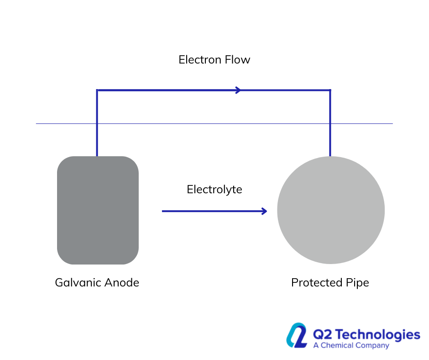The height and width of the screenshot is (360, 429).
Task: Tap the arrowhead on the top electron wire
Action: click(238, 90)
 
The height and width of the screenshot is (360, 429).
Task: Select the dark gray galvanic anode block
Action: click(98, 210)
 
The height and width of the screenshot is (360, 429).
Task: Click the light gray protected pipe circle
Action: click(331, 210)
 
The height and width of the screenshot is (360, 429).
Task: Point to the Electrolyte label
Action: click(214, 190)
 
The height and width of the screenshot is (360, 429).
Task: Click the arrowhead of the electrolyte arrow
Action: click(264, 211)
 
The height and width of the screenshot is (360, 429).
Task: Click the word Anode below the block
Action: click(121, 283)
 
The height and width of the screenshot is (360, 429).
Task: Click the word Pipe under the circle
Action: click(357, 283)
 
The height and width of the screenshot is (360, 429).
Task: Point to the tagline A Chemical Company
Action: click(351, 345)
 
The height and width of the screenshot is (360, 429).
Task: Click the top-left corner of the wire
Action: click(97, 90)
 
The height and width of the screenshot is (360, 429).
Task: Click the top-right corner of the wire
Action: click(330, 90)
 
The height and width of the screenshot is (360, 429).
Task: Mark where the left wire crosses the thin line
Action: click(97, 123)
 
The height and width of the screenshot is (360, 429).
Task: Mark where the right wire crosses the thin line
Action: click(330, 123)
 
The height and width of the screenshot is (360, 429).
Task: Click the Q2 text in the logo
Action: click(321, 335)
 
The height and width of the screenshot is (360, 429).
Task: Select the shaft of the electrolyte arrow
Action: click(210, 211)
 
